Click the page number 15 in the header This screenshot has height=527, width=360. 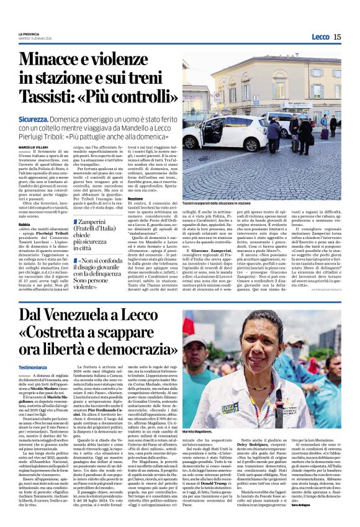[337, 37]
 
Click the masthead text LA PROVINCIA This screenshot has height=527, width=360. [30, 34]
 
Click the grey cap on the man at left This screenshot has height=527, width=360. [197, 354]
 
